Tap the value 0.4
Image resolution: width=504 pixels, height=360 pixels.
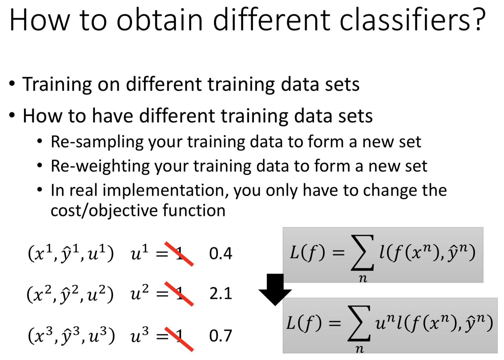220,253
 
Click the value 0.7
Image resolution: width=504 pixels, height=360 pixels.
220,336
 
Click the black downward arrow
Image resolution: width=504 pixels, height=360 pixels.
275,290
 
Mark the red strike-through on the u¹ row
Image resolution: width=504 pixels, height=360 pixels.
179,254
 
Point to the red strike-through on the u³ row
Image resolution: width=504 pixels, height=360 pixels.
179,339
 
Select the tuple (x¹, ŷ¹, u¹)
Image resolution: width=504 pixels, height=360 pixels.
71,253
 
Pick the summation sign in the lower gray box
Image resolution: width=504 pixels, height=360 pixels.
359,323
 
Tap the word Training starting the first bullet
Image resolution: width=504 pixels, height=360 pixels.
57,85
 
